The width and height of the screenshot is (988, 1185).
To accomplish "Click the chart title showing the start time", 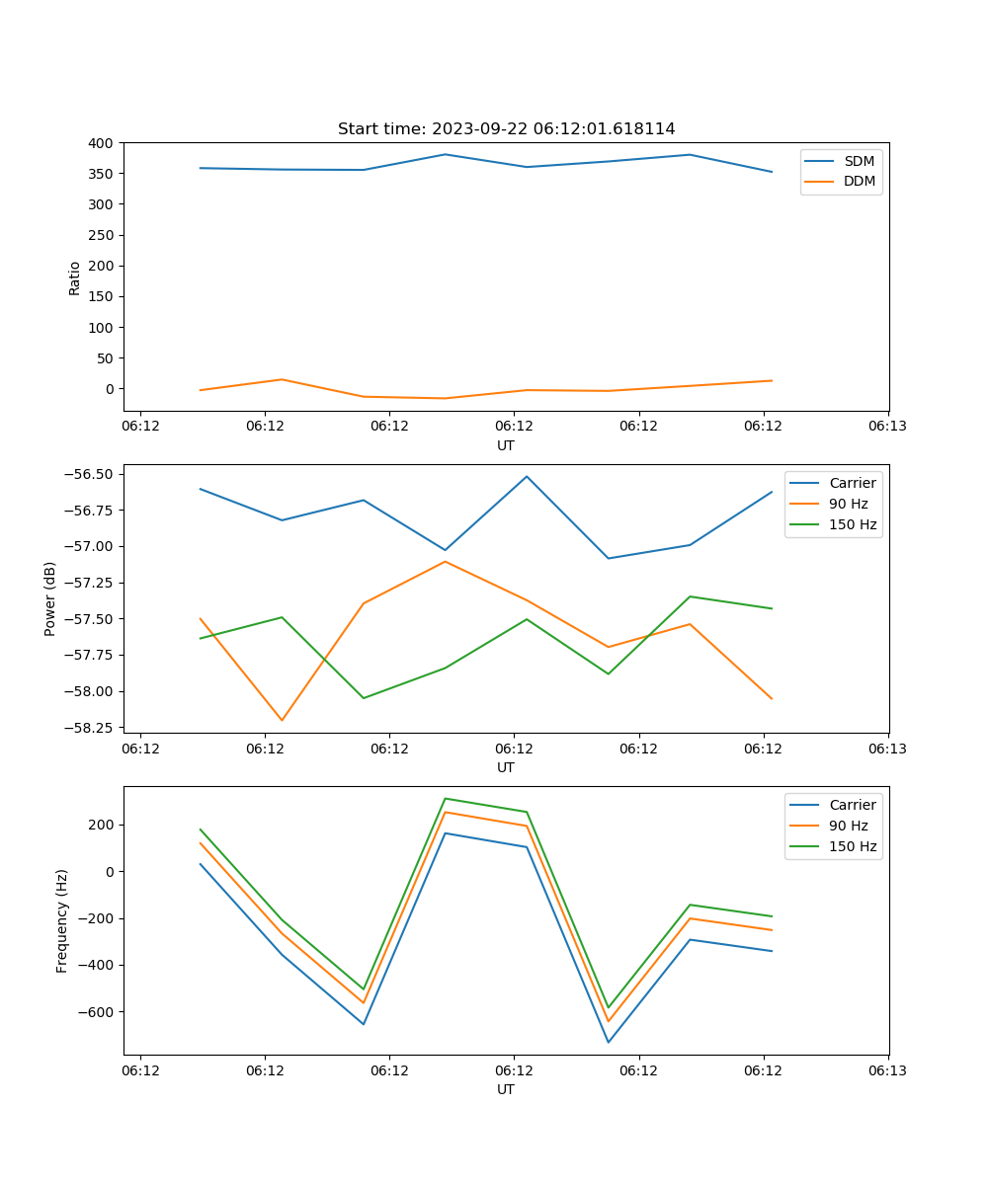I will (506, 129).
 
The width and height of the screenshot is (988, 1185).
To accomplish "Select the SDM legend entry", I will (859, 161).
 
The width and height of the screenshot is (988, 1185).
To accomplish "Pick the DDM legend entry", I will (859, 181).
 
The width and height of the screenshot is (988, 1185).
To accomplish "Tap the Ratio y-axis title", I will (75, 276).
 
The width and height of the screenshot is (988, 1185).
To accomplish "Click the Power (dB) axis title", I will (50, 598).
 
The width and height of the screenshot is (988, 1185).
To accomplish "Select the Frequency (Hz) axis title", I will (62, 920).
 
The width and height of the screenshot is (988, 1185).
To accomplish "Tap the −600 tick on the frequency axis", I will (96, 1012).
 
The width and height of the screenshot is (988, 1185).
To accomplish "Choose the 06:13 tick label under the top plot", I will (887, 427).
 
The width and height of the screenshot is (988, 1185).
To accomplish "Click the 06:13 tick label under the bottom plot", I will (887, 1070).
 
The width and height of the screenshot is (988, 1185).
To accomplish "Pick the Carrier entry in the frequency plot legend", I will (852, 805).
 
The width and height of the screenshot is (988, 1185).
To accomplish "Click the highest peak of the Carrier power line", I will (527, 476).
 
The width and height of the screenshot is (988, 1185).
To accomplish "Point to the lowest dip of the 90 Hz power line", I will (282, 720).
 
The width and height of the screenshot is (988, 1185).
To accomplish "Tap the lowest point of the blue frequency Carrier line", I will (608, 1042).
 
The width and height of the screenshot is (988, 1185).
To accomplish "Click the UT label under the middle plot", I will (506, 767).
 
